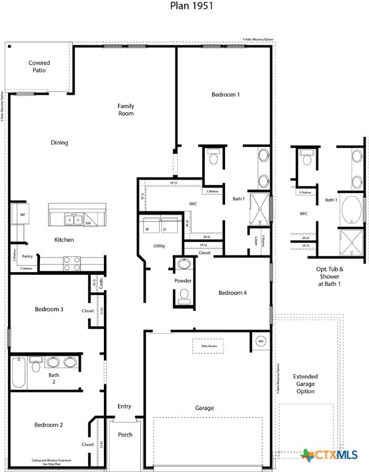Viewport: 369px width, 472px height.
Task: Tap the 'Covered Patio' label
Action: (x=39, y=66)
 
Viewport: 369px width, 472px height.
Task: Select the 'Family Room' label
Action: (x=126, y=110)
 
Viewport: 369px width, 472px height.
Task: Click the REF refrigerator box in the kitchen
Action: (x=22, y=214)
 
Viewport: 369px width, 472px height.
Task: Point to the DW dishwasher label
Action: (x=89, y=222)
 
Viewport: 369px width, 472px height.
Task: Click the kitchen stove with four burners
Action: (x=73, y=263)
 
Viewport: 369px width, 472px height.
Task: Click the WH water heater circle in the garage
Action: (x=260, y=340)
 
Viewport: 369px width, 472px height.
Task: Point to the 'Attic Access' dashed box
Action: (x=207, y=346)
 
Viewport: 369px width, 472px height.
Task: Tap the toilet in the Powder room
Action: (x=183, y=295)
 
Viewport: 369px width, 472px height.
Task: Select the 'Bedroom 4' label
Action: (x=232, y=293)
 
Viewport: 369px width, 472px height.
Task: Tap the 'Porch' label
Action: (x=124, y=435)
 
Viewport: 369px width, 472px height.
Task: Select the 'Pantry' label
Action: (x=27, y=256)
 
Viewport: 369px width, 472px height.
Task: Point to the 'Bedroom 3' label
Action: (x=49, y=309)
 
